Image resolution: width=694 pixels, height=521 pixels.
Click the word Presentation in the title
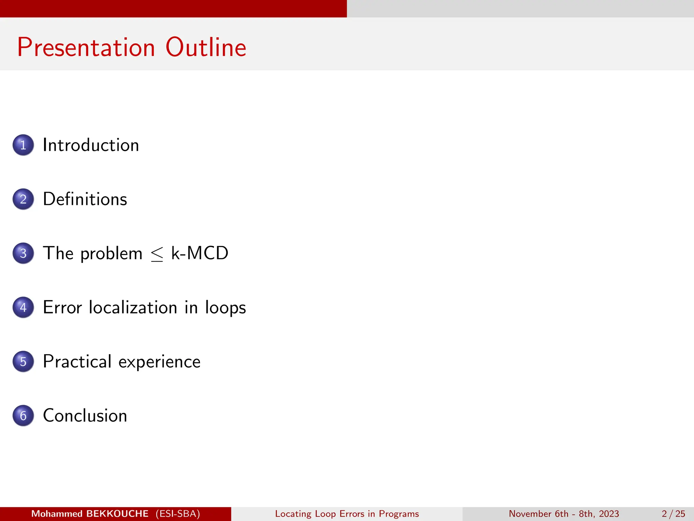click(86, 47)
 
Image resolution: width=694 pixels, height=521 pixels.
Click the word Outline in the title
click(206, 47)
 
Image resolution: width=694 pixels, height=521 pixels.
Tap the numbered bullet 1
click(23, 145)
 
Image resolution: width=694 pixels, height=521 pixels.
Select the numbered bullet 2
click(23, 199)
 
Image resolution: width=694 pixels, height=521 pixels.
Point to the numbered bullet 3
click(23, 253)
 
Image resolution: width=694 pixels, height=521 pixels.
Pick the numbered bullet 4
click(23, 307)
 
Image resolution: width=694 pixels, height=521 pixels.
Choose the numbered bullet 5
click(23, 362)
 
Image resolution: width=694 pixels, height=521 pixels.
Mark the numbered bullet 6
click(23, 416)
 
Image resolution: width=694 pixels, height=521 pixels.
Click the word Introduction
click(91, 145)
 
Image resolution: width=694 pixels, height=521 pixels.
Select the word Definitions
click(85, 199)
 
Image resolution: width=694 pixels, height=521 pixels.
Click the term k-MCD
click(200, 253)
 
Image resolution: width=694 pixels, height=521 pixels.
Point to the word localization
click(133, 307)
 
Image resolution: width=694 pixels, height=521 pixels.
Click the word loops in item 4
click(225, 308)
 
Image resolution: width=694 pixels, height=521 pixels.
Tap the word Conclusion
click(85, 416)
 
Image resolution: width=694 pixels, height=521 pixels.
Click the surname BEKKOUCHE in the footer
click(117, 514)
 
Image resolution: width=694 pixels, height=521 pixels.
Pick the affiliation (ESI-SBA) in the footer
click(178, 514)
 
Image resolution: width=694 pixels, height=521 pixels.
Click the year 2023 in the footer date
click(609, 514)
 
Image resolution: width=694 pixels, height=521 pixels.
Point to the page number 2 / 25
click(673, 514)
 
